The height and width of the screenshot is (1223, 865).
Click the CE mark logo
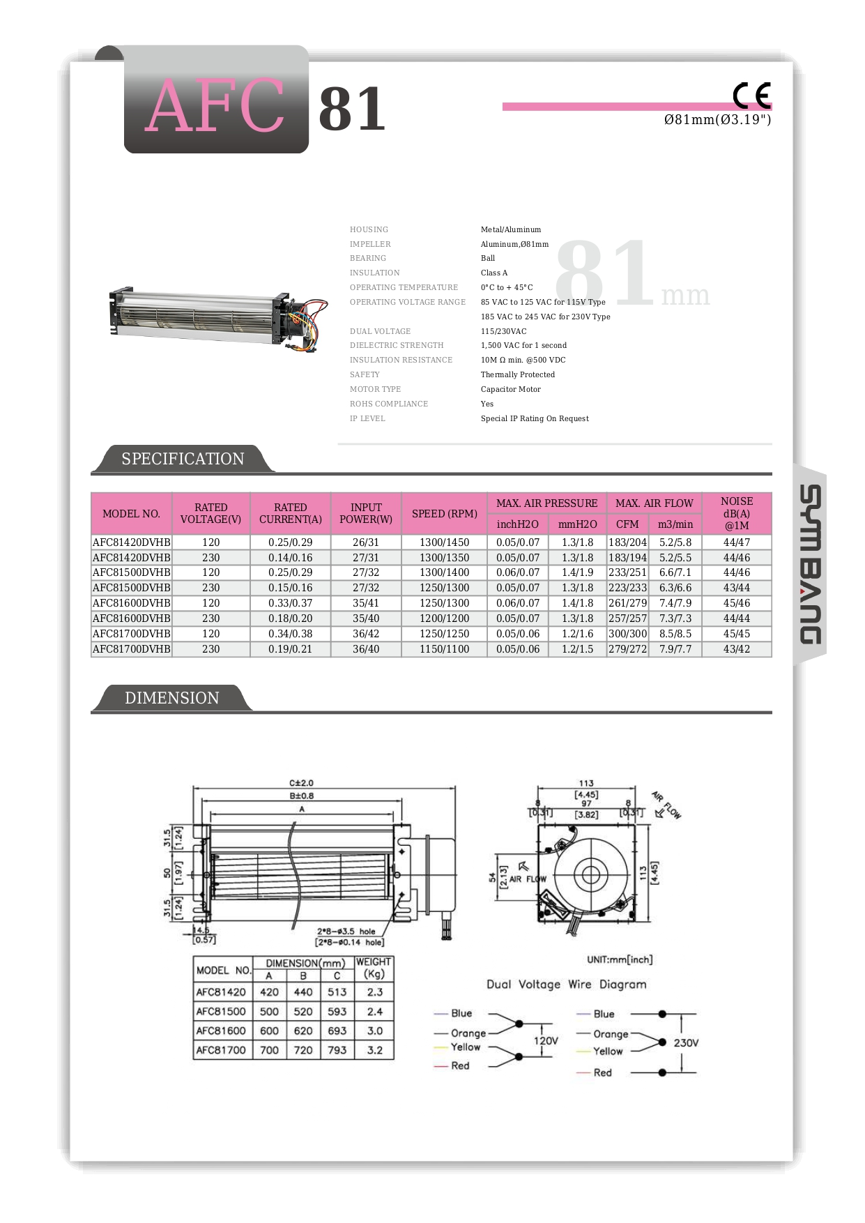point(751,96)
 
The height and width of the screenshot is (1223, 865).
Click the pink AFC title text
point(215,106)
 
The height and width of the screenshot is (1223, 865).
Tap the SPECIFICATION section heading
point(183,459)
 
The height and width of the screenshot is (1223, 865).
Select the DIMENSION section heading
point(171,698)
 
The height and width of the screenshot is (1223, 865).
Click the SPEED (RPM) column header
point(444,514)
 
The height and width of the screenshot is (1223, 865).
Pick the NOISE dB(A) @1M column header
point(737,513)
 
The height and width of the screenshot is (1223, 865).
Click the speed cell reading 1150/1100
point(444,649)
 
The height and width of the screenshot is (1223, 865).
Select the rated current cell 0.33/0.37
point(290,603)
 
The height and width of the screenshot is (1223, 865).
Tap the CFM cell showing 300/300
point(627,634)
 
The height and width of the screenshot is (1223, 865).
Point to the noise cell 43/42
point(737,649)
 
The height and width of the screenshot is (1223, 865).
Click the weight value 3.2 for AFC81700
point(375,1050)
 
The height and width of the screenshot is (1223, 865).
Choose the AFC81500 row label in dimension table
point(221,1012)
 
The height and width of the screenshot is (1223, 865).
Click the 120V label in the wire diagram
point(546,1040)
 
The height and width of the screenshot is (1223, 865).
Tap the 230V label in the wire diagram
point(686,1043)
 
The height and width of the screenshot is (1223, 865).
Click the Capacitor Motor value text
point(510,389)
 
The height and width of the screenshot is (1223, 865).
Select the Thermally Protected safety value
point(517,374)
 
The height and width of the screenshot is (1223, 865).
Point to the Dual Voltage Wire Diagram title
point(566,985)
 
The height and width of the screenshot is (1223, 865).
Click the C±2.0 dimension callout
point(302,783)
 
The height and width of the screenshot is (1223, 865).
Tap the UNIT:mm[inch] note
point(620,959)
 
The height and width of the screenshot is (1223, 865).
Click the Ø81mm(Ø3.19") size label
point(717,120)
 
